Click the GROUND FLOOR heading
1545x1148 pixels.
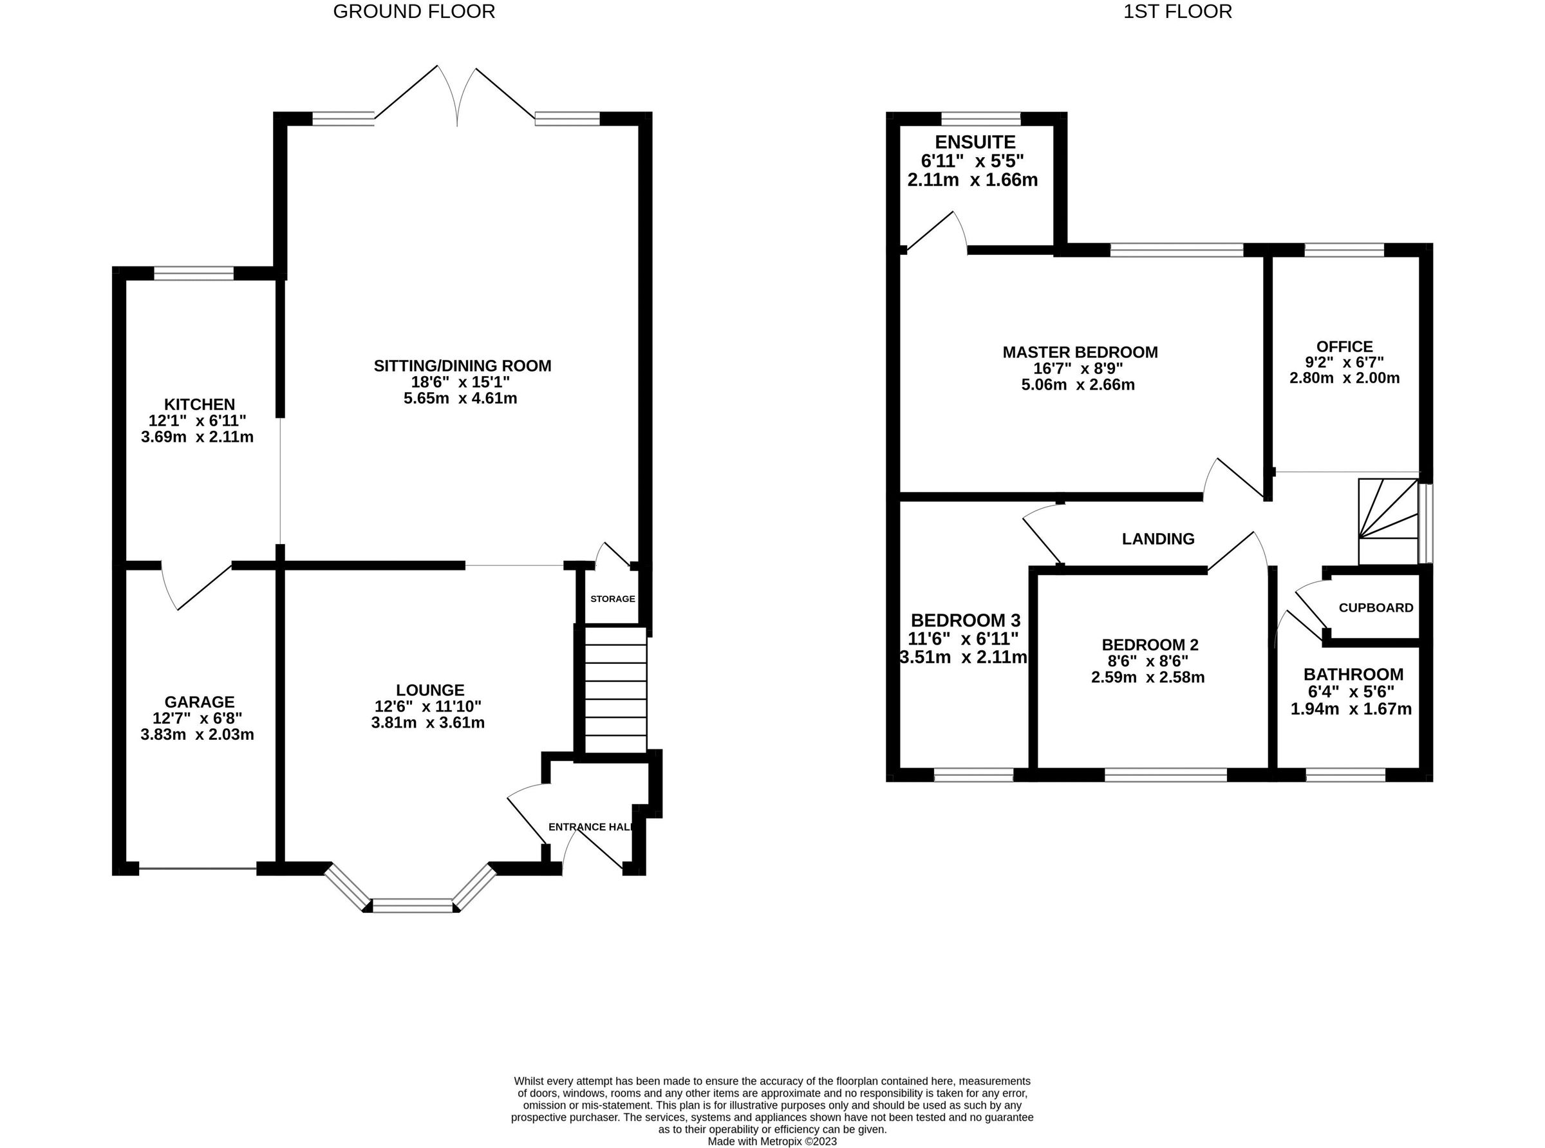414,12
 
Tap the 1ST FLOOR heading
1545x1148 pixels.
1177,12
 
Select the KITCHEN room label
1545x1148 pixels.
200,404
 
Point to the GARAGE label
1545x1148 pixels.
200,702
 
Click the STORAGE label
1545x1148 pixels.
612,598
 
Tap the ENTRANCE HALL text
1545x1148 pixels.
590,827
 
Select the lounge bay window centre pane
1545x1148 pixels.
413,905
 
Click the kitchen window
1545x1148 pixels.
194,274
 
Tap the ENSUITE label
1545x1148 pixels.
975,142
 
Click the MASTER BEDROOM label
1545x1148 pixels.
1080,352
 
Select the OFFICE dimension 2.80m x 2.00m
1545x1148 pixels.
1344,379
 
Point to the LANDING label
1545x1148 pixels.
1158,538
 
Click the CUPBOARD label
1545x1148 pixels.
1376,608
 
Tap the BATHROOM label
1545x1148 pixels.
1353,674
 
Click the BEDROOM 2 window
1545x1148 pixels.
1165,775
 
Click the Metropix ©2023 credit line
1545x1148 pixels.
772,1141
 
